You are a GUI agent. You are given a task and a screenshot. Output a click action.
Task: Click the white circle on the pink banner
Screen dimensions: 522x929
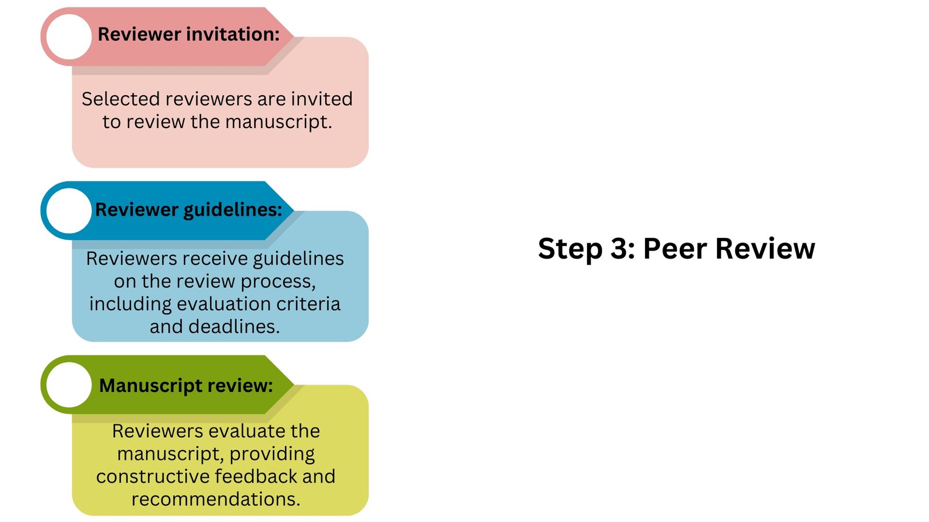(69, 37)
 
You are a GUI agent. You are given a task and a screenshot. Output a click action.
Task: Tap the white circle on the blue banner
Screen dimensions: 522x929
(69, 211)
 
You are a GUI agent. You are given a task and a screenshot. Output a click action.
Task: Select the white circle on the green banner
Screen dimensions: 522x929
(69, 385)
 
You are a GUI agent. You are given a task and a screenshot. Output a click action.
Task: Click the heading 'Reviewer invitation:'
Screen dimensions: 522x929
(189, 34)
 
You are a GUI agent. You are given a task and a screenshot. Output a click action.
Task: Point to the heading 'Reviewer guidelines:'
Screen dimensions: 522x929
(189, 209)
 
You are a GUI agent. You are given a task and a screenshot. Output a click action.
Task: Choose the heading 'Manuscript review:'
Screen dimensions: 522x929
(186, 385)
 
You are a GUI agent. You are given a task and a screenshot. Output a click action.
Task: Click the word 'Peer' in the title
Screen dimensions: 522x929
(675, 249)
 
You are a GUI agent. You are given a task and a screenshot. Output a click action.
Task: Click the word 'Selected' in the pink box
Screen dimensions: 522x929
(120, 99)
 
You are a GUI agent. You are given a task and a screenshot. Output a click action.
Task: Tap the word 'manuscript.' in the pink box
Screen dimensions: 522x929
(279, 122)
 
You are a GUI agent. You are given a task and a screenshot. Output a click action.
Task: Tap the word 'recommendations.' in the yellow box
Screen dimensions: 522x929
(215, 499)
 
